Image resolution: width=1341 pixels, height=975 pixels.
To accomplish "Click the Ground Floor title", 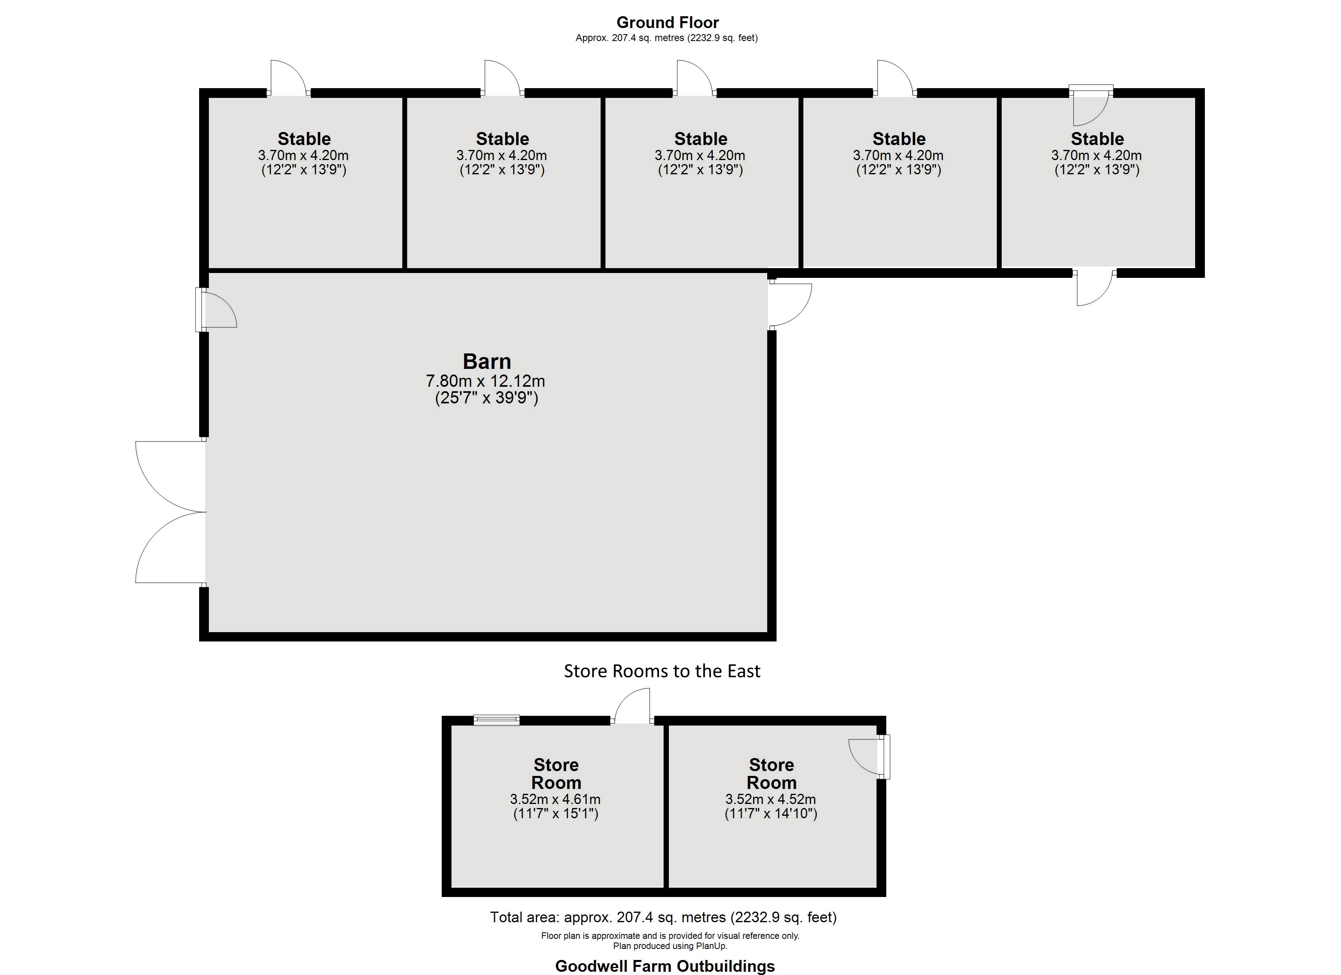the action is point(668,22).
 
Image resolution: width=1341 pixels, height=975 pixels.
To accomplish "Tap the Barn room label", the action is point(486,361).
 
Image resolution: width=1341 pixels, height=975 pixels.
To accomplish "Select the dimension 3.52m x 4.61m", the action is point(555,799).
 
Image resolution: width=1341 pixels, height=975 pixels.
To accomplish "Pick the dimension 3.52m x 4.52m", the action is point(770,799).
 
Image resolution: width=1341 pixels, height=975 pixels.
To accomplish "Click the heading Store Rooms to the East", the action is point(662,671).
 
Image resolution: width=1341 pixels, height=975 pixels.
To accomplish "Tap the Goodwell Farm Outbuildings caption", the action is point(664,966).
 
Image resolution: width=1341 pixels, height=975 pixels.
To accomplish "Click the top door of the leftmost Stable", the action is point(289,78).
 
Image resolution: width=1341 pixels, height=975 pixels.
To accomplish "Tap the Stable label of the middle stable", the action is point(701,139).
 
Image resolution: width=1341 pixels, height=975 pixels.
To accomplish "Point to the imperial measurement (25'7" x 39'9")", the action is point(486,398).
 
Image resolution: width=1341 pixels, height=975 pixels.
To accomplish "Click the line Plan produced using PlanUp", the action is point(670,946).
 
